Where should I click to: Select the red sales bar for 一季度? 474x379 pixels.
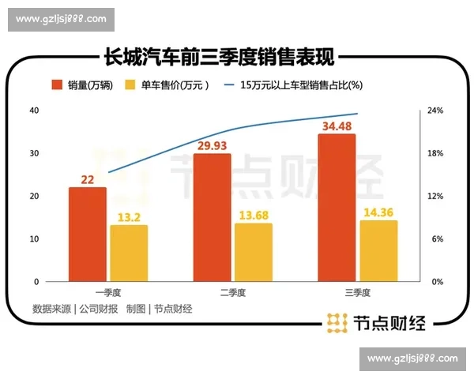tap(88, 234)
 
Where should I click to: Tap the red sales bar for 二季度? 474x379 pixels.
tap(213, 217)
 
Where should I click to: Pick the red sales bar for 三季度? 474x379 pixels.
tap(337, 208)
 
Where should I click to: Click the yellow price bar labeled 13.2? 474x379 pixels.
tap(129, 253)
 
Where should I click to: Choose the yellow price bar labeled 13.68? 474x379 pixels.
tap(254, 252)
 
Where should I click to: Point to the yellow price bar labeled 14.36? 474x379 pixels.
tap(378, 250)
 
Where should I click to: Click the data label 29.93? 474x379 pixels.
tap(213, 145)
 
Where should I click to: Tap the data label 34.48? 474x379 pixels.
tap(337, 126)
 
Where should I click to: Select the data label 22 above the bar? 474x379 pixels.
tap(88, 180)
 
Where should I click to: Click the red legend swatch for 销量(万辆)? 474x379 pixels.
tap(58, 85)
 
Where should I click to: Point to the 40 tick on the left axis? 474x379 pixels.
tap(34, 111)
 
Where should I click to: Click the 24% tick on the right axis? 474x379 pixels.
tap(435, 111)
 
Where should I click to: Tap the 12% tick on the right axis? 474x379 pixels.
tap(435, 196)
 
